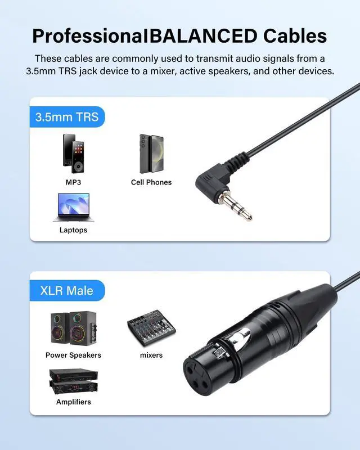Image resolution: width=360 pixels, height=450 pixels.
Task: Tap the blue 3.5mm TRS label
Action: pyautogui.click(x=67, y=117)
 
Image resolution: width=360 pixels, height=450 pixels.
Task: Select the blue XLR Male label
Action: pyautogui.click(x=67, y=291)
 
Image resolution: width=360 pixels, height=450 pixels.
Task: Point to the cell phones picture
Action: pyautogui.click(x=151, y=154)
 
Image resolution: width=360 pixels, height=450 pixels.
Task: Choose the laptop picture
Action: pyautogui.click(x=73, y=208)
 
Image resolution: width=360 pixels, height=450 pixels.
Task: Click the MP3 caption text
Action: pyautogui.click(x=74, y=182)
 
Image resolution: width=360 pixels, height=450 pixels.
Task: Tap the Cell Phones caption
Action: pyautogui.click(x=151, y=182)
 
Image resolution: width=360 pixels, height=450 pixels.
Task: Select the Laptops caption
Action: pyautogui.click(x=74, y=230)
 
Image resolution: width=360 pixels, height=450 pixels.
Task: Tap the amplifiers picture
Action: pyautogui.click(x=73, y=381)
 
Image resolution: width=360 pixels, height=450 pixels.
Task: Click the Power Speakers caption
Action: pyautogui.click(x=74, y=355)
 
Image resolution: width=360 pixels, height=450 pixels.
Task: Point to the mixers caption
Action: pyautogui.click(x=151, y=355)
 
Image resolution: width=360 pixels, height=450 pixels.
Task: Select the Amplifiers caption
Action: pyautogui.click(x=74, y=402)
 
